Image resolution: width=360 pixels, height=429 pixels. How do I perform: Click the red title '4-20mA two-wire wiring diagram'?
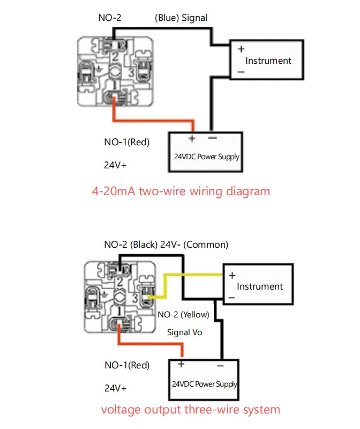(x=181, y=191)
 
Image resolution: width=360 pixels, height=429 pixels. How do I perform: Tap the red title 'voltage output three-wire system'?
(x=190, y=410)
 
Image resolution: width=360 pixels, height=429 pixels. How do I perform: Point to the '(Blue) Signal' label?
(x=181, y=18)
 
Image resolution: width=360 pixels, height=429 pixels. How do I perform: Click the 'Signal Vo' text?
(x=185, y=332)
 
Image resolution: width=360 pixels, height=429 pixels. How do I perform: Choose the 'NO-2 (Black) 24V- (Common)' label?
(x=166, y=245)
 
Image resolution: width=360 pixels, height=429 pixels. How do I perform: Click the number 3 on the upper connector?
(x=131, y=72)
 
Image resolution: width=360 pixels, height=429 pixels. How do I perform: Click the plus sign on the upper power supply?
(x=191, y=138)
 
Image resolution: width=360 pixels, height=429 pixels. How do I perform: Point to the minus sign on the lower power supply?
(x=220, y=365)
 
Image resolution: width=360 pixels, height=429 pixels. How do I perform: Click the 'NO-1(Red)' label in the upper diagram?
(x=126, y=142)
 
